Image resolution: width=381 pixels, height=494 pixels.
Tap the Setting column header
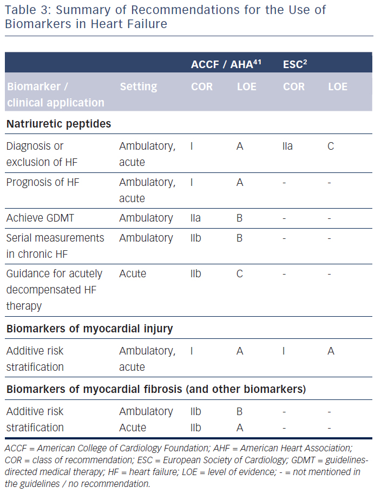coord(139,86)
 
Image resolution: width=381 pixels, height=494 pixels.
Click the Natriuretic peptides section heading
coord(58,124)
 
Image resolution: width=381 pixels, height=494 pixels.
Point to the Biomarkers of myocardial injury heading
coord(89,329)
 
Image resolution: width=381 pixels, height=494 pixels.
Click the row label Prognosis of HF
coord(43,182)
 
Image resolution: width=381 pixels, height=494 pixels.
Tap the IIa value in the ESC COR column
coord(288,146)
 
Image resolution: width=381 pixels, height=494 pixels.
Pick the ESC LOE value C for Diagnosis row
coord(331,146)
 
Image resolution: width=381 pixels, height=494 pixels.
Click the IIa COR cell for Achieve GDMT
coord(196,218)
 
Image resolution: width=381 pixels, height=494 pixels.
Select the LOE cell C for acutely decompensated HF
coord(240,273)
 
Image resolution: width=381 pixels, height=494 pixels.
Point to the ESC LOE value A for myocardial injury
coord(331,351)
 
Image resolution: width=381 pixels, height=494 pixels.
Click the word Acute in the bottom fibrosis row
coord(133,428)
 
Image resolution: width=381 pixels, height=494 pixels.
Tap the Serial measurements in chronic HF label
coord(55,246)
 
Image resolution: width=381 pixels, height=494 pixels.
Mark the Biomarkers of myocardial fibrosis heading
coord(156,389)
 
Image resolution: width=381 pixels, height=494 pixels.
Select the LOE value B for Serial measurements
coord(240,238)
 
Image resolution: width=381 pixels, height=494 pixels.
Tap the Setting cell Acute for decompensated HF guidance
coord(133,273)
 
